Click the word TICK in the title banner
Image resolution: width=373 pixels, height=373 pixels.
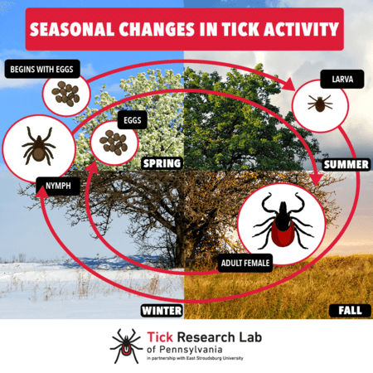click(240, 29)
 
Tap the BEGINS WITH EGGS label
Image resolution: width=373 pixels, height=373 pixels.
click(42, 69)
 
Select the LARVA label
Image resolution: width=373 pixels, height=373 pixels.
click(342, 80)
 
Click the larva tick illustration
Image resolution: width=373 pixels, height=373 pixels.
click(320, 104)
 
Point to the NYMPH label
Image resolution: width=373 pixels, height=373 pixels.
click(58, 186)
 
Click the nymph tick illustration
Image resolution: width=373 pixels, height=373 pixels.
click(38, 147)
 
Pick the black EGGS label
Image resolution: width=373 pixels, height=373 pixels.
click(133, 120)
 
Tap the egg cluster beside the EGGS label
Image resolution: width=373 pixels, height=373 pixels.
click(114, 143)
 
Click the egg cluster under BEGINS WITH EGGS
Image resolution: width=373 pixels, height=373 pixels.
click(65, 94)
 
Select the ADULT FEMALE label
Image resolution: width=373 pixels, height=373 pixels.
click(245, 263)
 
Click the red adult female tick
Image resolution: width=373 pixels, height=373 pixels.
click(283, 221)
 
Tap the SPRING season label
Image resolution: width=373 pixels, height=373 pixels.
click(162, 163)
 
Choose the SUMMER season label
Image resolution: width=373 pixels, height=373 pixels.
click(346, 165)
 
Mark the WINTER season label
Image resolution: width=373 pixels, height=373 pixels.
click(162, 311)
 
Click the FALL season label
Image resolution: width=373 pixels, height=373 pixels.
click(350, 310)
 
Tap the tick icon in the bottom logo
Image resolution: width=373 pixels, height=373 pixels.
click(126, 346)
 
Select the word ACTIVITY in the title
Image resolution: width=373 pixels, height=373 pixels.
click(301, 29)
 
